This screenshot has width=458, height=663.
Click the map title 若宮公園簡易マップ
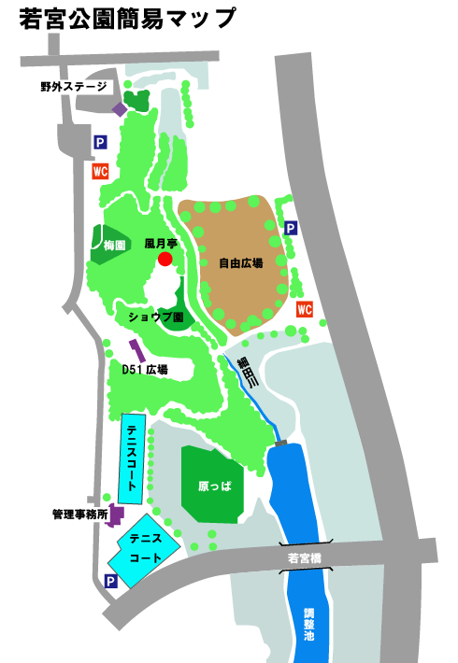(x=127, y=18)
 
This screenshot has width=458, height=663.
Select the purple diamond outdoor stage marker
(x=120, y=109)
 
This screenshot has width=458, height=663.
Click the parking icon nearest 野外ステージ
(x=100, y=143)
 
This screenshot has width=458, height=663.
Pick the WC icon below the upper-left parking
(x=100, y=172)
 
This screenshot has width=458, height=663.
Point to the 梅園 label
(x=115, y=245)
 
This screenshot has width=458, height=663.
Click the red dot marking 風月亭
(x=165, y=259)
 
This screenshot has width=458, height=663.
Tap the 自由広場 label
(x=240, y=263)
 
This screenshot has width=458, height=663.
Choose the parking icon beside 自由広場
(x=291, y=228)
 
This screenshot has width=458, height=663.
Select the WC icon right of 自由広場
(x=304, y=310)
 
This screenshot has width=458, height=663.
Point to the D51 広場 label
(x=145, y=370)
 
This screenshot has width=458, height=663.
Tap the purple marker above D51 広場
(x=137, y=351)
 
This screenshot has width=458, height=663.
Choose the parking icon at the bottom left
(x=111, y=582)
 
